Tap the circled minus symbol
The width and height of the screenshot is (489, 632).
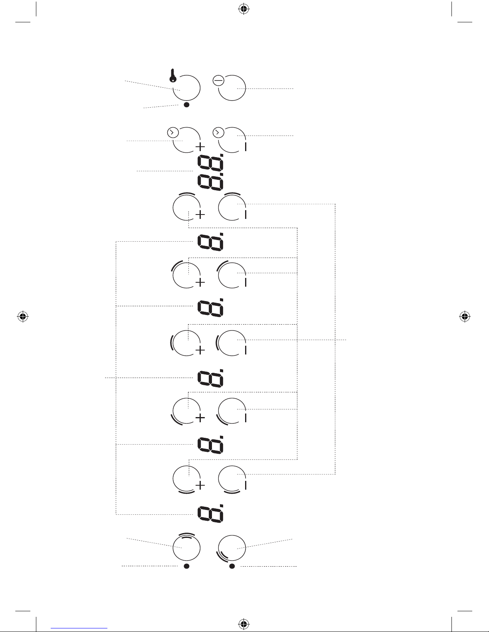pyautogui.click(x=218, y=81)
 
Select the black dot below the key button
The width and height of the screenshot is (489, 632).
pyautogui.click(x=186, y=105)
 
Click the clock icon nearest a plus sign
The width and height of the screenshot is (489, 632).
pyautogui.click(x=171, y=132)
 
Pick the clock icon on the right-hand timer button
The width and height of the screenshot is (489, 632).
pyautogui.click(x=218, y=132)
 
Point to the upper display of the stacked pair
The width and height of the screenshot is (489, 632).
pyautogui.click(x=210, y=162)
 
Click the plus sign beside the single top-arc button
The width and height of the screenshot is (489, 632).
pyautogui.click(x=200, y=215)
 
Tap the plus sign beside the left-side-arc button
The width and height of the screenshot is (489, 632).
pyautogui.click(x=200, y=350)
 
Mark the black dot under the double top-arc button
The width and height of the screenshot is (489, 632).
pyautogui.click(x=186, y=566)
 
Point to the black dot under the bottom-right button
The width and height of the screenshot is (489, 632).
pyautogui.click(x=232, y=566)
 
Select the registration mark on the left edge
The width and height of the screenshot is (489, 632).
pyautogui.click(x=23, y=317)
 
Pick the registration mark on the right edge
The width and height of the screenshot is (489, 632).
pyautogui.click(x=464, y=317)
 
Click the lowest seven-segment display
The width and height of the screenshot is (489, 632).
pyautogui.click(x=210, y=513)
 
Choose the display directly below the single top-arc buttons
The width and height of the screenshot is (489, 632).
pyautogui.click(x=210, y=242)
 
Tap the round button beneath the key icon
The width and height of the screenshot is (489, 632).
pyautogui.click(x=186, y=88)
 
